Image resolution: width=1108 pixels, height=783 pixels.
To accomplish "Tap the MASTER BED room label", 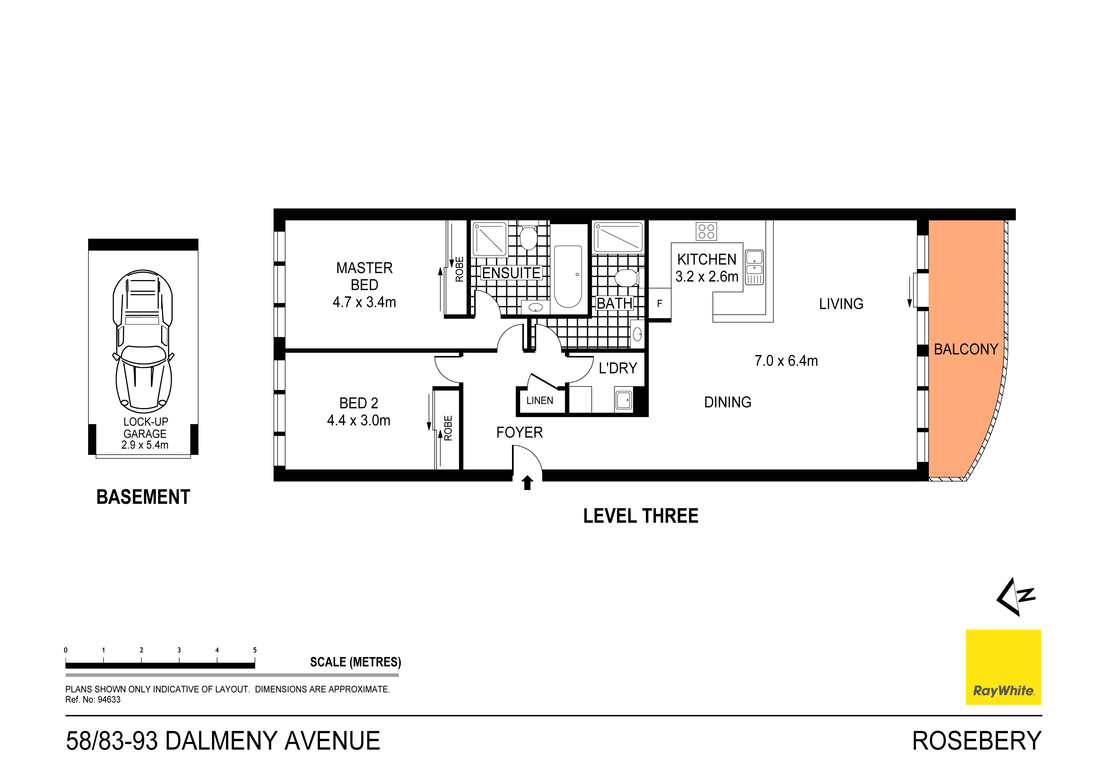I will coord(364,276).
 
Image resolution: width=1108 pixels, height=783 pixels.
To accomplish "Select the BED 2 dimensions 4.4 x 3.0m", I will coord(358,420).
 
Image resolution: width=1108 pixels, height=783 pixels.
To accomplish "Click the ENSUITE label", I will coord(511,273).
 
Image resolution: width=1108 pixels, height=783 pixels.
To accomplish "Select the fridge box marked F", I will coord(659,303).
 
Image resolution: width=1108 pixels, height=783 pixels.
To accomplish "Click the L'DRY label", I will coord(618,368).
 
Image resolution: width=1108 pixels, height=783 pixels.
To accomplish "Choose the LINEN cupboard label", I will coord(539,400).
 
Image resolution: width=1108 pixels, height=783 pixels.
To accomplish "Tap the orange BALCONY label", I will coord(966,349).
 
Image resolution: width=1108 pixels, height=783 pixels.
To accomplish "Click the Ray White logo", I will coord(1003,667).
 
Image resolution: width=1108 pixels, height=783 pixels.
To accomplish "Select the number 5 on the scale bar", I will coord(255,650).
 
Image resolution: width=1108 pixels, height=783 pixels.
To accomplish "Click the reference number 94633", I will coord(109,700).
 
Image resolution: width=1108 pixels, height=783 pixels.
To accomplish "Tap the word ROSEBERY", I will coord(976,741).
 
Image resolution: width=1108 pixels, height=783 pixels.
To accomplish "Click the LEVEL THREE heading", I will coord(640,516).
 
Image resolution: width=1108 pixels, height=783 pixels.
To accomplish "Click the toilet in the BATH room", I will coord(626,278).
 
